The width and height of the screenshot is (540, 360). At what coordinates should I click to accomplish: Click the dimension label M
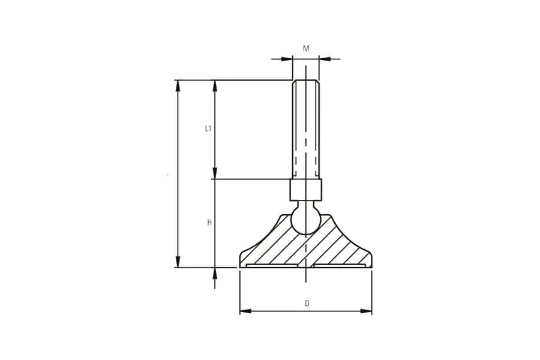[x=306, y=49]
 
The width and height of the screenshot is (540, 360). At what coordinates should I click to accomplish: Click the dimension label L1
[x=208, y=129]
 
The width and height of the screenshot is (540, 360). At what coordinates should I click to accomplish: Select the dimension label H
[x=209, y=223]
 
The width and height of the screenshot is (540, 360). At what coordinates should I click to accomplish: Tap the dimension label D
[x=307, y=304]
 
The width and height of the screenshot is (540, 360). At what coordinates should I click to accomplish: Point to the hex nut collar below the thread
[x=306, y=190]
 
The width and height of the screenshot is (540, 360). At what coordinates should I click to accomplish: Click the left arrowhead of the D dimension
[x=245, y=311]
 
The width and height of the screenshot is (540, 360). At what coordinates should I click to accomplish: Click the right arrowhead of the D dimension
[x=366, y=311]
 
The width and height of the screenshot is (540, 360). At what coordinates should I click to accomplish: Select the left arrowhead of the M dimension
[x=287, y=59]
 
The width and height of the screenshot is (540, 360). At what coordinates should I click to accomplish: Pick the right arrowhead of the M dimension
[x=325, y=59]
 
